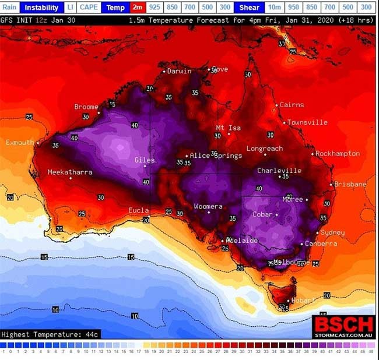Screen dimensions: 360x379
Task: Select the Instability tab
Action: pyautogui.click(x=41, y=8)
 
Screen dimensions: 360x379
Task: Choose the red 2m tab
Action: pyautogui.click(x=138, y=8)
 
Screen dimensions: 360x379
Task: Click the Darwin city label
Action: pyautogui.click(x=179, y=72)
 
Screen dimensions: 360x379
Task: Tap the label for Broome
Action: pyautogui.click(x=86, y=107)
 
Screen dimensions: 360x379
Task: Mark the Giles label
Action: pyautogui.click(x=144, y=159)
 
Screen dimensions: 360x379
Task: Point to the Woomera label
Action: pyautogui.click(x=208, y=207)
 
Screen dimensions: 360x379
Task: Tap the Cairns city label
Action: pyautogui.click(x=292, y=105)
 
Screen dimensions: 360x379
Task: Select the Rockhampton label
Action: pyautogui.click(x=338, y=154)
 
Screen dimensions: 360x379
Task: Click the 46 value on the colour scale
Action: pyautogui.click(x=371, y=351)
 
